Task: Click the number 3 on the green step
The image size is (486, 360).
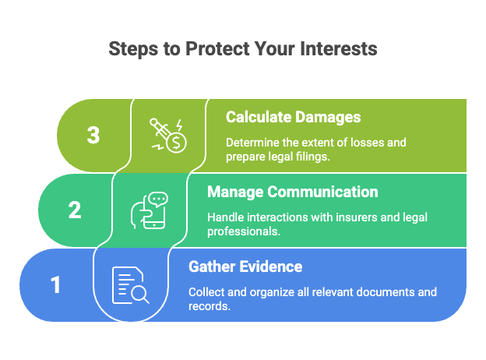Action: click(93, 136)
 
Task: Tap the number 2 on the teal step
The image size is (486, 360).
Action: click(75, 210)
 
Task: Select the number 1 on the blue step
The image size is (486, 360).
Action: click(56, 285)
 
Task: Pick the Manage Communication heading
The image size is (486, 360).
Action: click(292, 192)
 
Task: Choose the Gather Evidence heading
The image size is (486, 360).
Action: click(245, 266)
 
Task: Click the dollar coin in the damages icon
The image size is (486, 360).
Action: click(178, 143)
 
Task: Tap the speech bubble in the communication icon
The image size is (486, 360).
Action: click(158, 200)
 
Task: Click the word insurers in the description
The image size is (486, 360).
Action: click(335, 217)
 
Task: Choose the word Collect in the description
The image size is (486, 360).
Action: click(206, 292)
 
